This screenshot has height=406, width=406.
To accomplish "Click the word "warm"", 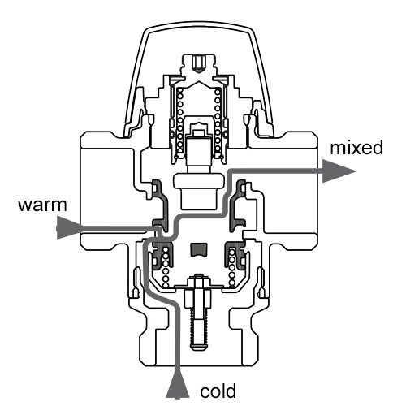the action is coord(42,205).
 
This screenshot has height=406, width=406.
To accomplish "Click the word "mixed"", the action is coord(356,148).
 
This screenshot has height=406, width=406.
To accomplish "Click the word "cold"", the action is coord(218,391).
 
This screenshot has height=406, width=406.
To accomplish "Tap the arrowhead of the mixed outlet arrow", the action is coord(339,171).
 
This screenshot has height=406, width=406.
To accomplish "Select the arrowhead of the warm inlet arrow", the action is coord(68,228).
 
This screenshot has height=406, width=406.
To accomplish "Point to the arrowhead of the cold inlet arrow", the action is coord(177,387).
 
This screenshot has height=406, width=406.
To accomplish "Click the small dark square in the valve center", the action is coord(199,249).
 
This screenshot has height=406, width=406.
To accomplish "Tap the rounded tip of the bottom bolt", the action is coord(199,348).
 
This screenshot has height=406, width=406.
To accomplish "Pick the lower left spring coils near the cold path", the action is coord(166,268).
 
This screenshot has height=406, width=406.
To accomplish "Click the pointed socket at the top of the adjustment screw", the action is coord(199,64).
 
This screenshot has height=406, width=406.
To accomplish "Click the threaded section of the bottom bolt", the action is coord(199,325).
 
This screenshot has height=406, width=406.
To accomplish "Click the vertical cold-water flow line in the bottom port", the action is coord(177,339).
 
